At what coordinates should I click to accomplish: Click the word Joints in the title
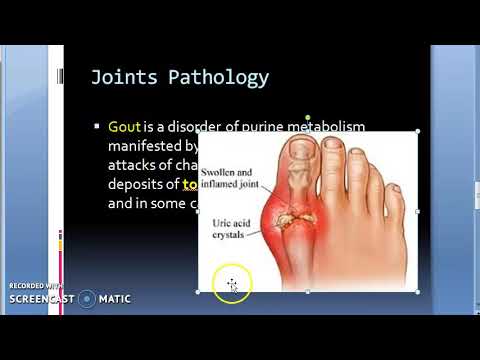[118, 76]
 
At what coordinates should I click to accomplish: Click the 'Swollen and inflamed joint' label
[231, 181]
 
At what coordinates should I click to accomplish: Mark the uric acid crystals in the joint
[289, 215]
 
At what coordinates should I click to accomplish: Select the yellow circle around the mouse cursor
[232, 286]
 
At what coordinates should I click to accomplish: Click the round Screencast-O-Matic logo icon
[87, 298]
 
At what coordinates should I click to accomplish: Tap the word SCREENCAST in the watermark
[42, 298]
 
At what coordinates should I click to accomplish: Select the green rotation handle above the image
[307, 115]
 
